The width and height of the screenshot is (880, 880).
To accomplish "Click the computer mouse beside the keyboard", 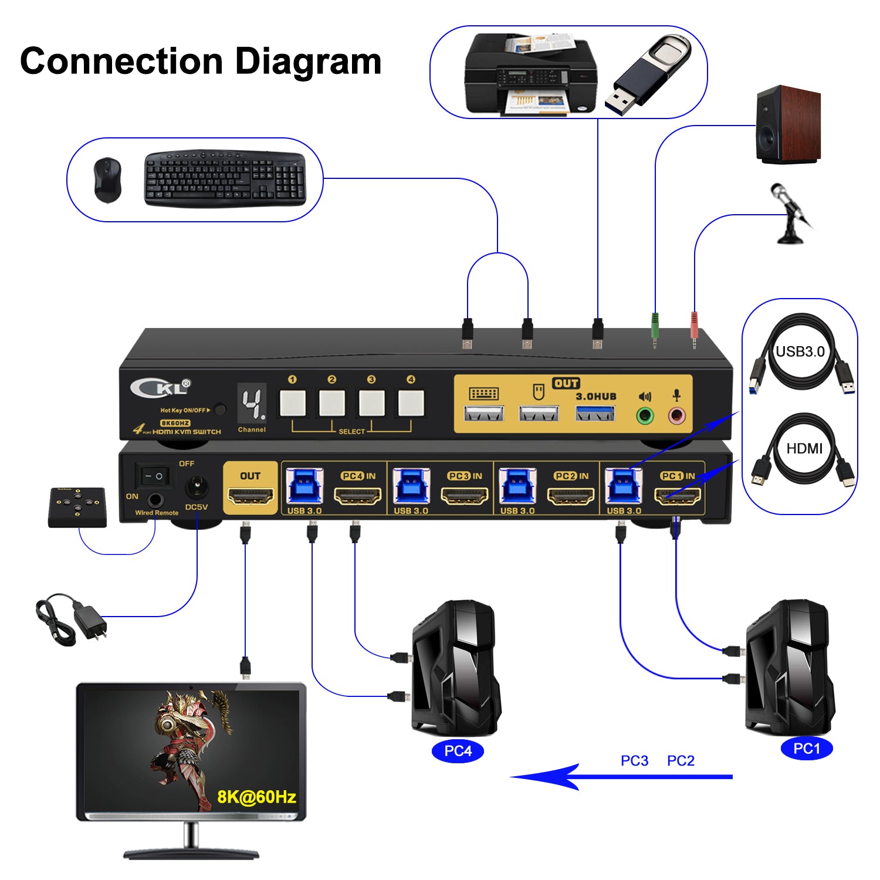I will tap(107, 180).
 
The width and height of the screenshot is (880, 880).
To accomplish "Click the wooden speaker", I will tap(788, 125).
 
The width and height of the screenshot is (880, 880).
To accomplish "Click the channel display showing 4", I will tap(252, 404).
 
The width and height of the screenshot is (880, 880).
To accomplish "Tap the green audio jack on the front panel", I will tap(645, 416).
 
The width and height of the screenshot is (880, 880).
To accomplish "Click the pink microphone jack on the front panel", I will tap(676, 416).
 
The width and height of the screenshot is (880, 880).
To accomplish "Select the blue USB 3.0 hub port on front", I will tap(595, 414).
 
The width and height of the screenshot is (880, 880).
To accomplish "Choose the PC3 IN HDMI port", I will tap(465, 497).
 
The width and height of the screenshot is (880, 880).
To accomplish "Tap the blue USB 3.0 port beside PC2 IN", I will tap(517, 486).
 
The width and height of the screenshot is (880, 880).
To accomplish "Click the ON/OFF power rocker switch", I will tap(154, 476).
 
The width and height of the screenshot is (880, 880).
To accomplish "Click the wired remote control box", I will tap(77, 507).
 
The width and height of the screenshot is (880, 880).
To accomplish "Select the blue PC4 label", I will tap(458, 751).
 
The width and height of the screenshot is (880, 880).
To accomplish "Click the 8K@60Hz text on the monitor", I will tap(256, 797).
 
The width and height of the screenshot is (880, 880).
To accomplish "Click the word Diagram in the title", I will tap(308, 62).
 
